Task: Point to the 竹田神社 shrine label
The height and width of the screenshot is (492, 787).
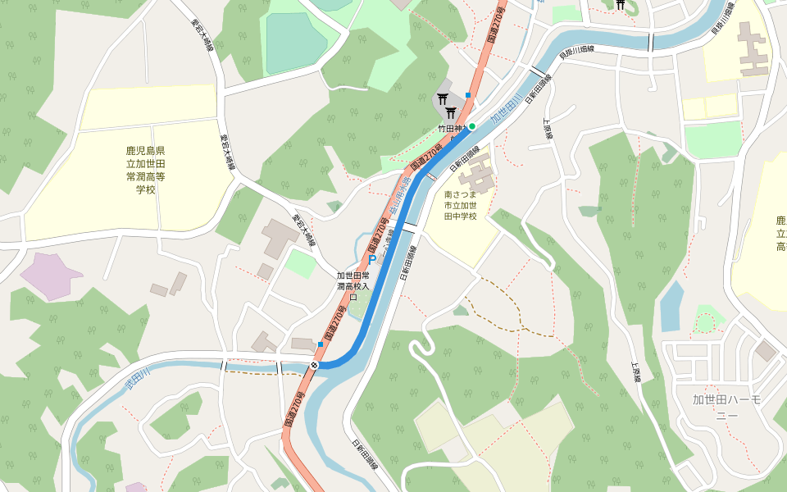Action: tap(451, 129)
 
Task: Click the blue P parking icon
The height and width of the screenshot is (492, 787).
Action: tap(372, 260)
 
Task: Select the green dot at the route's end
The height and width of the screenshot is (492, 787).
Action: tap(472, 126)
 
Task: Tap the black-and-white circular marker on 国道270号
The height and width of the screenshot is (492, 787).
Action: tap(315, 364)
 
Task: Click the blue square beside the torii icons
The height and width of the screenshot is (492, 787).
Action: tap(468, 95)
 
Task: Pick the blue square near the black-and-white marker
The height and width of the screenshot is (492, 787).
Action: tap(320, 344)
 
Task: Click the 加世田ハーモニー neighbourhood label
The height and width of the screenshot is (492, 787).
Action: tap(727, 408)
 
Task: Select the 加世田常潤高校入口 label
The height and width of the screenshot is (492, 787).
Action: tap(353, 281)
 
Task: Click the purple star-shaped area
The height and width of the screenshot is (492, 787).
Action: tap(51, 275)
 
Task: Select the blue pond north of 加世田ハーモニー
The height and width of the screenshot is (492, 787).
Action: tap(671, 306)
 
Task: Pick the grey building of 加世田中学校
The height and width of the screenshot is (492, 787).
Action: tap(475, 175)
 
